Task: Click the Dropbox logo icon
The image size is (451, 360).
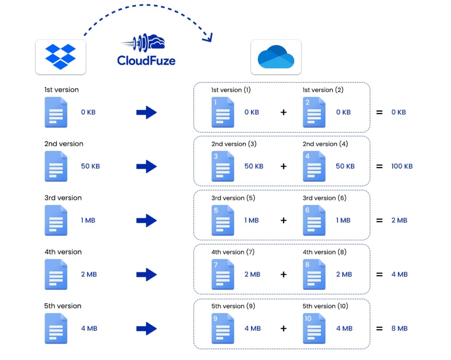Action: pos(60,56)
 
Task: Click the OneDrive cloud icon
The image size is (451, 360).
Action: pos(276,57)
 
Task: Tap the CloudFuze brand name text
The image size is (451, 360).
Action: pos(146,60)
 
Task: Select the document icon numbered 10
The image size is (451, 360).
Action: pos(314,328)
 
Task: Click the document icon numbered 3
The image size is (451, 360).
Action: pos(222,166)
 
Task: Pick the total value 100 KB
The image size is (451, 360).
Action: pos(402,166)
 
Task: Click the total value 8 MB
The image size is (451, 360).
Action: pos(399,328)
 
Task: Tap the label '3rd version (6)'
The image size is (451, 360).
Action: pos(325,198)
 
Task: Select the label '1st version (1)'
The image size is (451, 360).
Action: pos(231,90)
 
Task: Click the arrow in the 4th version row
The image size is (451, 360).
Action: pos(146,275)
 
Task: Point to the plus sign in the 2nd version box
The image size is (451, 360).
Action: pos(283,166)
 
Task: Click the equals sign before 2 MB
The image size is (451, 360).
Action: pos(379,220)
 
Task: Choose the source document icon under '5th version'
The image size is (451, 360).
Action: pos(56,328)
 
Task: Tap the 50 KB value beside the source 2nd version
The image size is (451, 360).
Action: pos(90,166)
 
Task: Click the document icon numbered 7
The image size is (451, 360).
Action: pos(222,275)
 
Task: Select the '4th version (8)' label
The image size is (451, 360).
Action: pos(325,252)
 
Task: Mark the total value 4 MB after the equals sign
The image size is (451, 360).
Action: pos(399,275)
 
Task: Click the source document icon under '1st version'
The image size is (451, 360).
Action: pos(56,112)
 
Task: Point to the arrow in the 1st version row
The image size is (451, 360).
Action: pos(146,112)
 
